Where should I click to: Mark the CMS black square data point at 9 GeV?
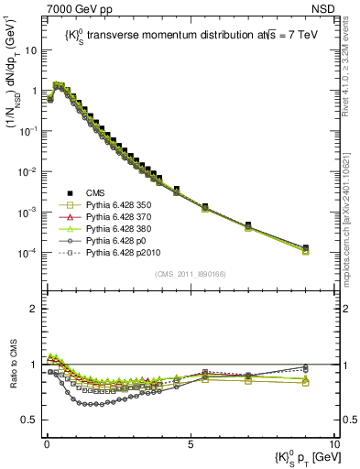tap(305, 247)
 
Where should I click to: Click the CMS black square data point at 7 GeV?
tap(248, 225)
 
